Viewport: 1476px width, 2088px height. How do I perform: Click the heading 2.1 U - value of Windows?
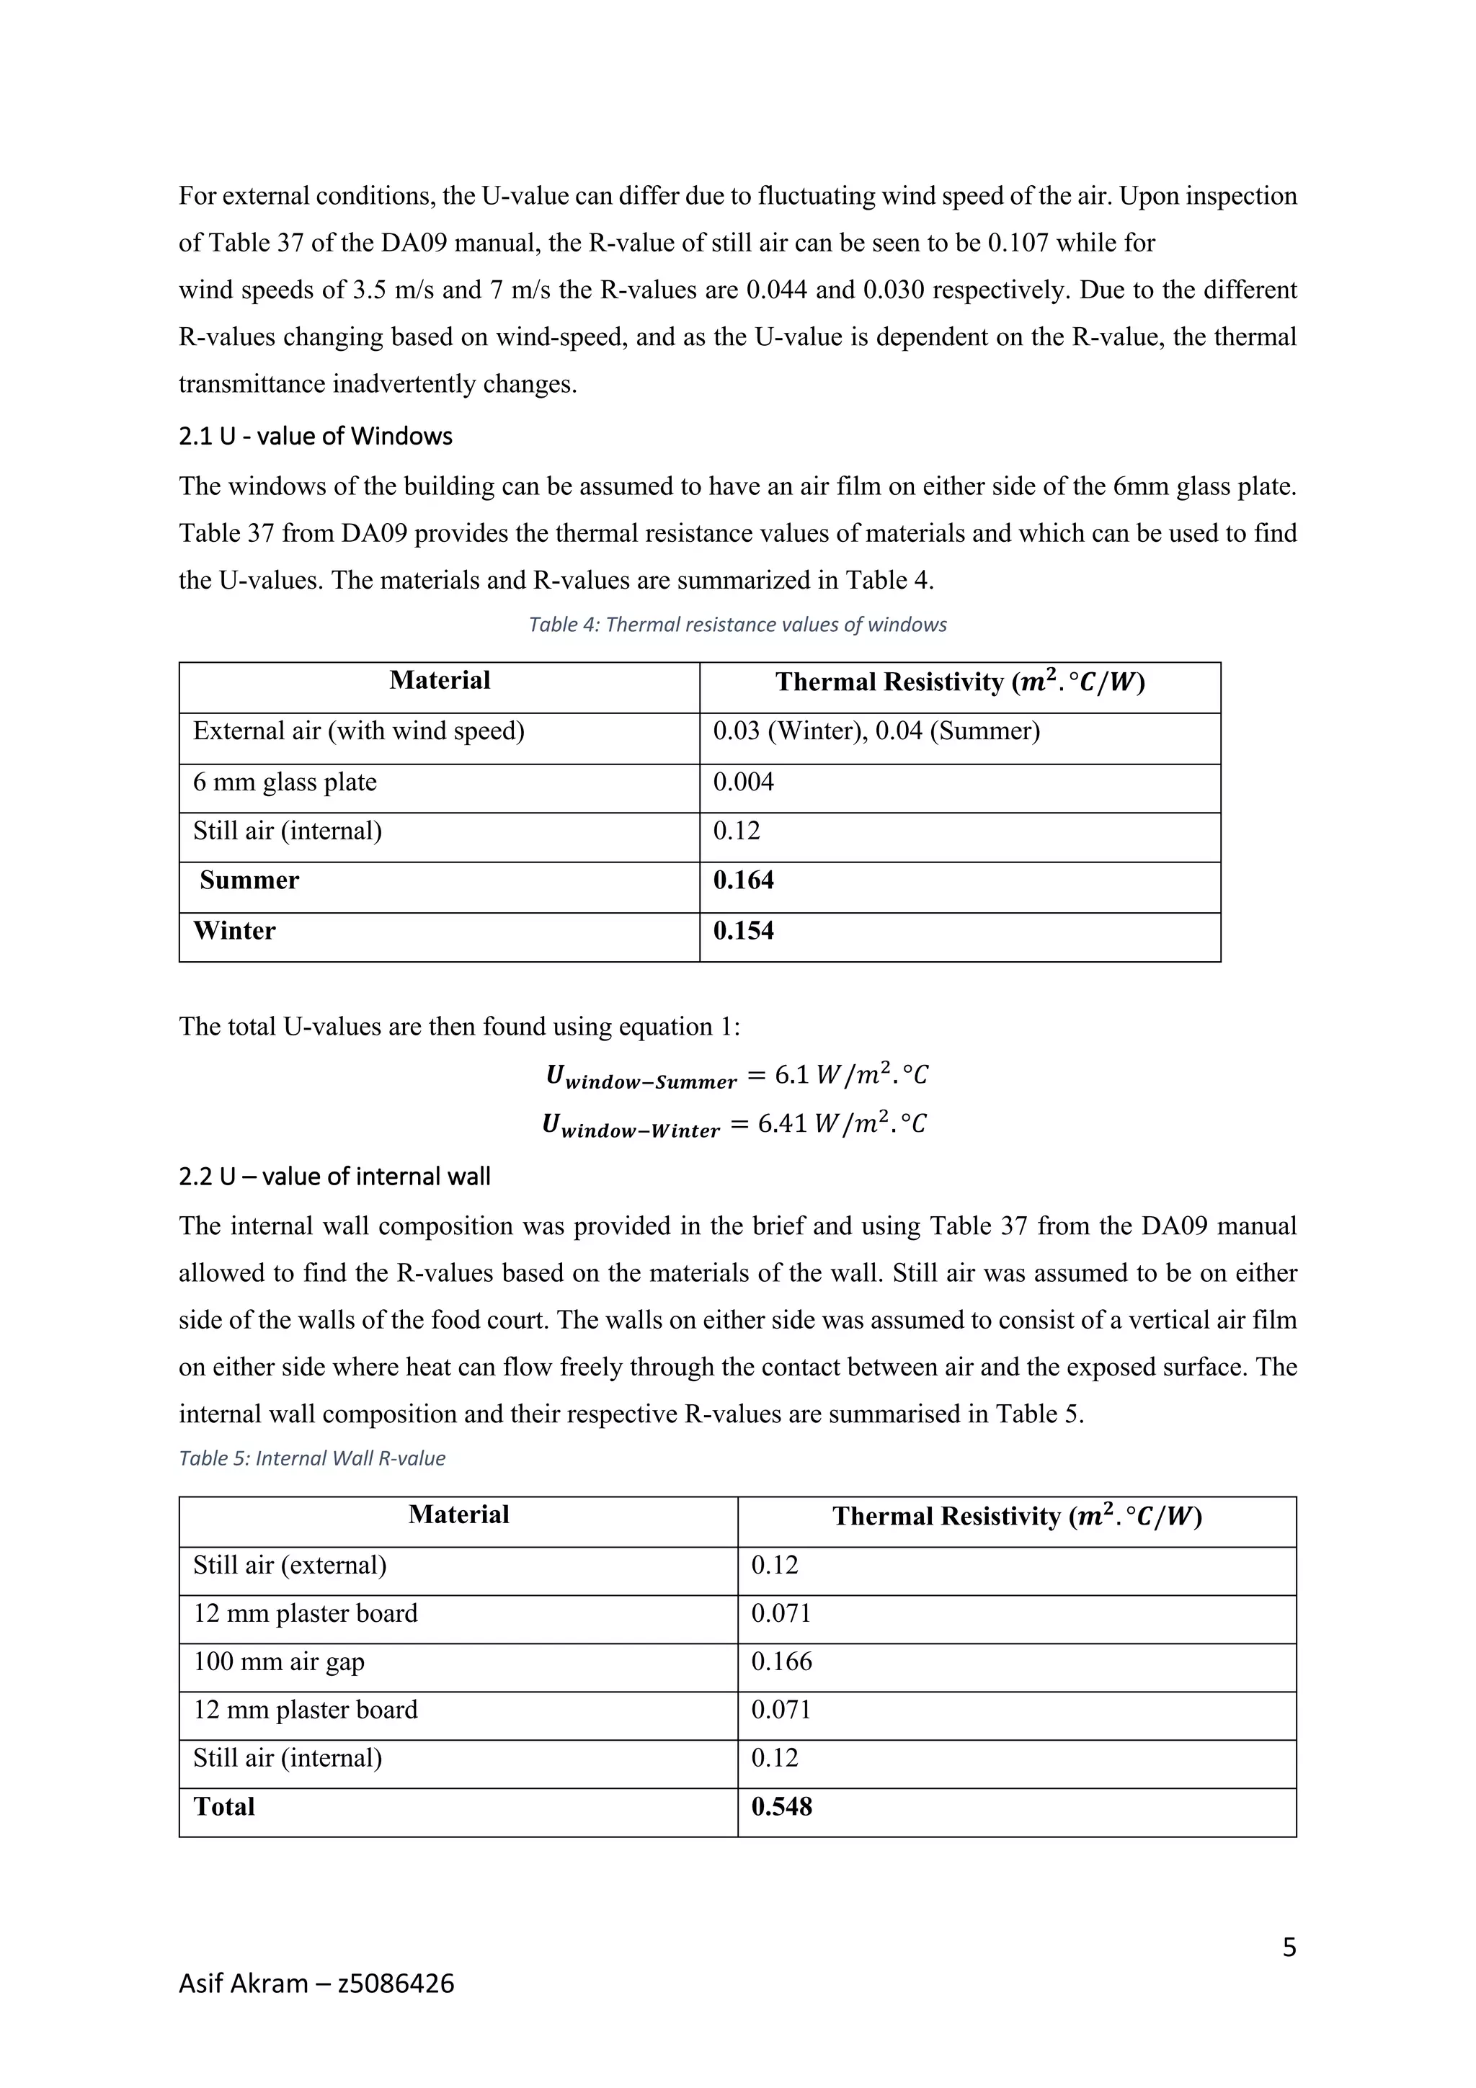tap(315, 437)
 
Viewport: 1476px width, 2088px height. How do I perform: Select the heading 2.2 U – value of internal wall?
tap(334, 1177)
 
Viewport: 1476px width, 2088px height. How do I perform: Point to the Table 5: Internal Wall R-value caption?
tap(312, 1459)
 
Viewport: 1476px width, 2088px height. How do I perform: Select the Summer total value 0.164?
tap(743, 880)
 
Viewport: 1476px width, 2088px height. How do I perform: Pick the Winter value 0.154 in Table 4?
tap(743, 931)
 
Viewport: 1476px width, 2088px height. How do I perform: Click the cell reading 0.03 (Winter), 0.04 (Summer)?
tap(876, 732)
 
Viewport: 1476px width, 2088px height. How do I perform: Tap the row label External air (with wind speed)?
tap(358, 732)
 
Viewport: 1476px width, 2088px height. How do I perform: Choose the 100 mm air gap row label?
tap(278, 1662)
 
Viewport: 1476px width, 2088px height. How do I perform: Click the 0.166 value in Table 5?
tap(781, 1662)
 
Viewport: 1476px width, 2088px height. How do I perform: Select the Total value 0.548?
tap(781, 1807)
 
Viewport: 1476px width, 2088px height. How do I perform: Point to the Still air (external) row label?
tap(289, 1566)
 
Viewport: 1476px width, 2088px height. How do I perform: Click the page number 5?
tap(1289, 1948)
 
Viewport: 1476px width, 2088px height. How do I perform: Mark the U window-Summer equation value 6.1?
tap(792, 1075)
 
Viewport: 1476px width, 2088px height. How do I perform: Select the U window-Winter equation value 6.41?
tap(782, 1124)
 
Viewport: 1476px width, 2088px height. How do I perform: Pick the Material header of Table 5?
tap(458, 1515)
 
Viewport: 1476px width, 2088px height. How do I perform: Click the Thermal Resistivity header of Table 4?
tap(959, 683)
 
